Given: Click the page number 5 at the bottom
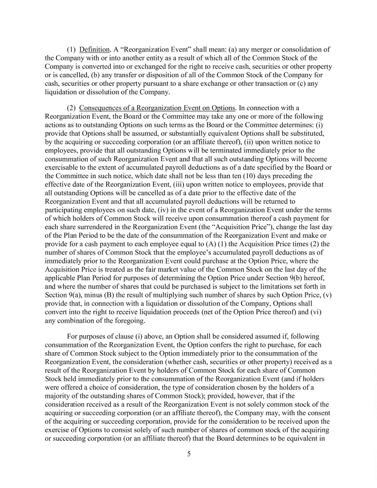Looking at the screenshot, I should tap(189, 453).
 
